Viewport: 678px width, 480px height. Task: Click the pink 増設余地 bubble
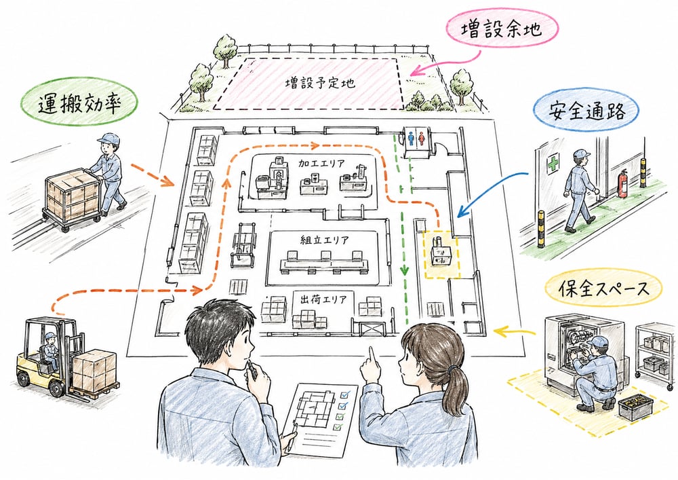502,29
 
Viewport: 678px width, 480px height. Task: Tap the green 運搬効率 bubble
79,102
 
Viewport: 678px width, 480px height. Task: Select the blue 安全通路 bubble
586,111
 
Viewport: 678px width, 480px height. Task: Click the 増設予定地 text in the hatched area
320,82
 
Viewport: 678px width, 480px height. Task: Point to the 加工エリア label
321,163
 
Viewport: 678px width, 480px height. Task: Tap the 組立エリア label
324,240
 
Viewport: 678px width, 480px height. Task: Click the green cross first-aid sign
553,165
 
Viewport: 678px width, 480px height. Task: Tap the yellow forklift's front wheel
57,388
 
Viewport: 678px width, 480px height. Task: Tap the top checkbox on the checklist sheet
344,394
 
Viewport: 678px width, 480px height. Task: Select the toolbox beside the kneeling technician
635,407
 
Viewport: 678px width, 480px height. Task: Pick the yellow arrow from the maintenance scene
514,332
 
